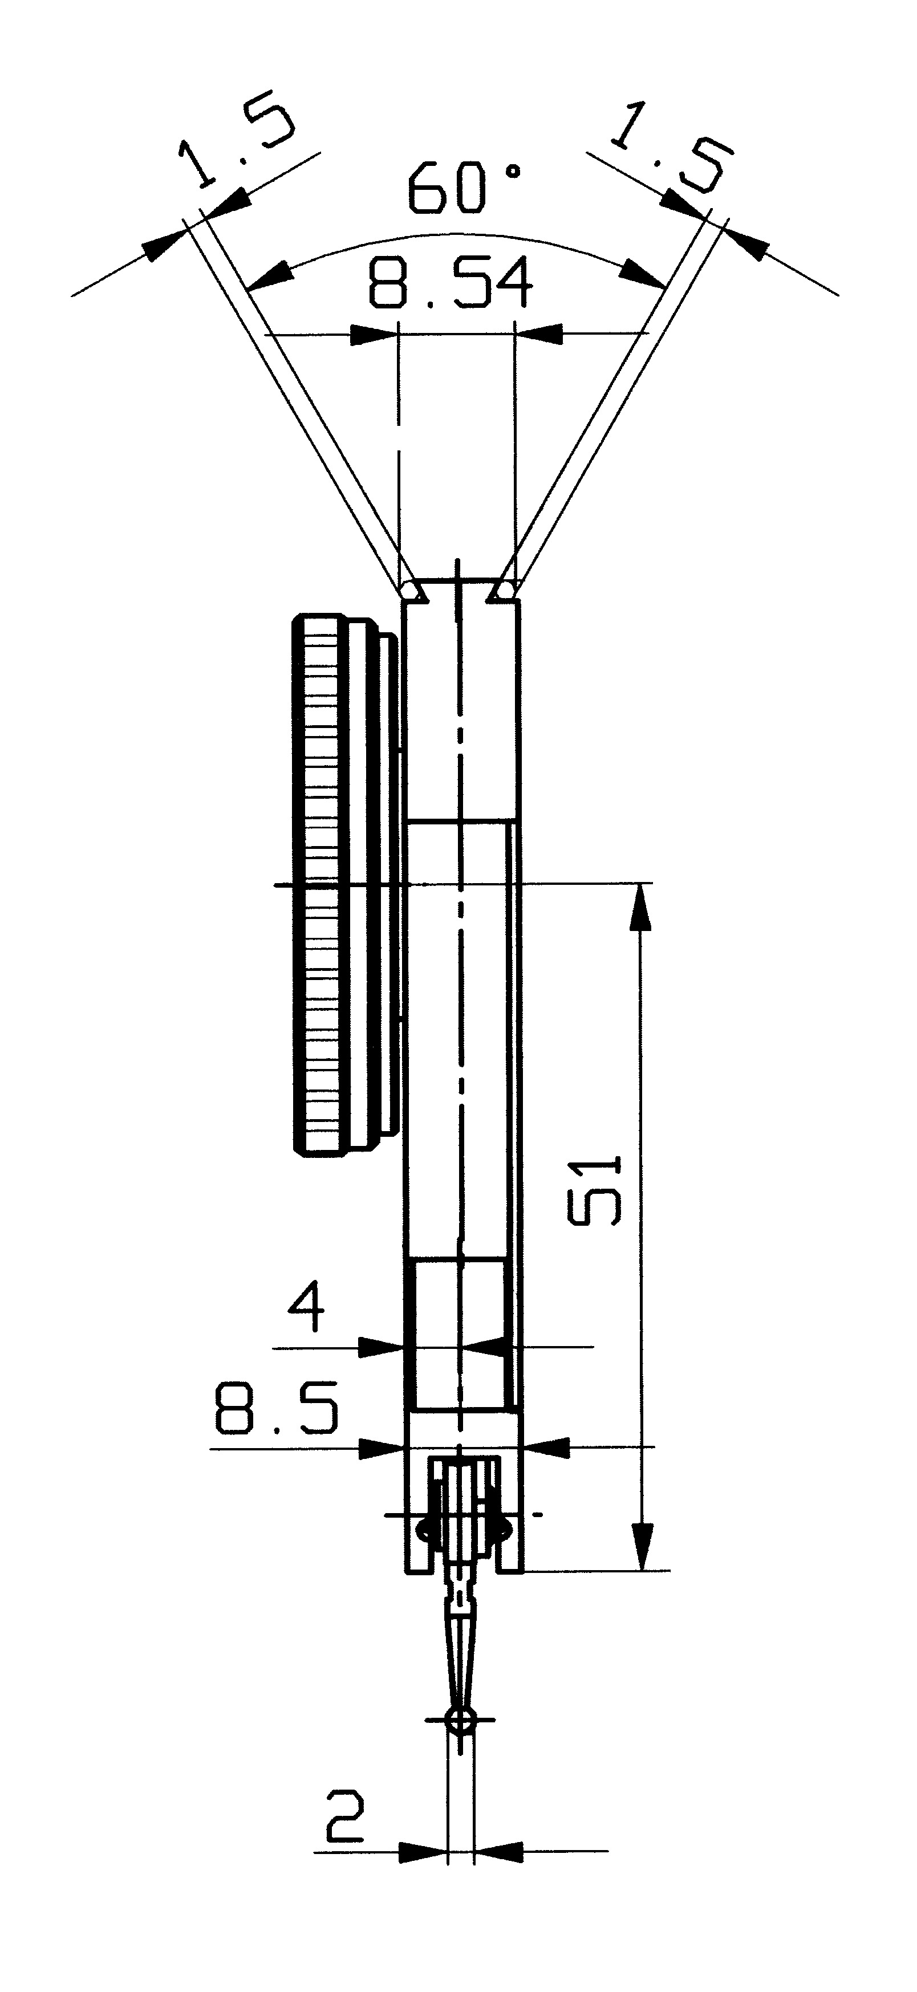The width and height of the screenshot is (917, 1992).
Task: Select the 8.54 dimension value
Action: [x=451, y=284]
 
